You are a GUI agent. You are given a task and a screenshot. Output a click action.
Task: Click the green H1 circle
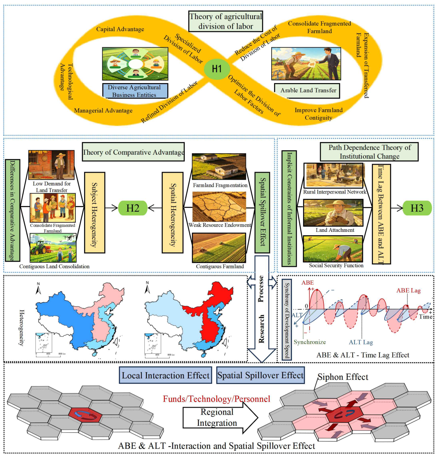(x=217, y=68)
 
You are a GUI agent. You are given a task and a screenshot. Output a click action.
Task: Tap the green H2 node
(x=133, y=208)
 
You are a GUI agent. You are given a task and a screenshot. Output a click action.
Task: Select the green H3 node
(x=417, y=208)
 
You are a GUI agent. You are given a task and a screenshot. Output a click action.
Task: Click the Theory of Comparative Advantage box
(x=133, y=152)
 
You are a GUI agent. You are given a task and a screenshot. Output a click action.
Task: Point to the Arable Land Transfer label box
(x=307, y=91)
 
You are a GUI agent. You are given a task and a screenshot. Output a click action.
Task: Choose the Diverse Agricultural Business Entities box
(x=135, y=91)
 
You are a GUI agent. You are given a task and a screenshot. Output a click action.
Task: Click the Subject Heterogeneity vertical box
(x=95, y=212)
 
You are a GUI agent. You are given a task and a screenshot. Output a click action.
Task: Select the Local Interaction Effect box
(x=166, y=375)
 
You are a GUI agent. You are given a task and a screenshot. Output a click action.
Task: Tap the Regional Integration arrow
(x=220, y=417)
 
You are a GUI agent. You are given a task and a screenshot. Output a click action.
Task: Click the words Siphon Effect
(x=343, y=377)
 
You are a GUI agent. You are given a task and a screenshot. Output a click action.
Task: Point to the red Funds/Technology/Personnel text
(x=216, y=399)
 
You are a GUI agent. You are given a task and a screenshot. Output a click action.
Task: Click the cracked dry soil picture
(x=219, y=206)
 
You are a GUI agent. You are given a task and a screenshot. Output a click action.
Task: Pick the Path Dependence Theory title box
(x=369, y=152)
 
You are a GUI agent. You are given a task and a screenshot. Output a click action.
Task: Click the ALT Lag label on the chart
(x=361, y=342)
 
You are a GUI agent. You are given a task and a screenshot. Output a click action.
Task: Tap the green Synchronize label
(x=310, y=342)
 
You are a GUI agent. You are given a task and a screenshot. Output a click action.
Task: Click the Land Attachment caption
(x=335, y=230)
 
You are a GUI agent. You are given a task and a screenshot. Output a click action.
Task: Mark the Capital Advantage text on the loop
(x=120, y=29)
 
